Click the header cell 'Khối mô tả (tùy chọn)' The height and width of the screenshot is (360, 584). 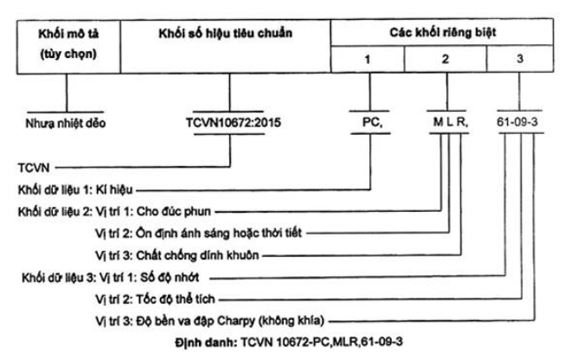(x=68, y=47)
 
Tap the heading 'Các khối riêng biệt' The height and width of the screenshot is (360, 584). (x=442, y=32)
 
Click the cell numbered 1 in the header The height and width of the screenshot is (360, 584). (x=368, y=59)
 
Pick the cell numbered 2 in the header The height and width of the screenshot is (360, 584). (x=446, y=59)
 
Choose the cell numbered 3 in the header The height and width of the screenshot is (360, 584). (x=520, y=59)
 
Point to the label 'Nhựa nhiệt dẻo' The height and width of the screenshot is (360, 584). (x=66, y=123)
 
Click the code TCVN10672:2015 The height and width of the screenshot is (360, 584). (x=234, y=122)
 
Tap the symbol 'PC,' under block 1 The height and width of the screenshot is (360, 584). (x=372, y=122)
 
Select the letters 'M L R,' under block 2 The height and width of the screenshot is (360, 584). (x=451, y=122)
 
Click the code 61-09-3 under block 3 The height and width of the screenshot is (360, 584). (x=517, y=122)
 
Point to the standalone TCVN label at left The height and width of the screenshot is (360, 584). (x=34, y=168)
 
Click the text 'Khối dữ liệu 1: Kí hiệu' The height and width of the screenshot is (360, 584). (x=75, y=190)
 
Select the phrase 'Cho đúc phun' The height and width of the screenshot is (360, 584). (x=174, y=211)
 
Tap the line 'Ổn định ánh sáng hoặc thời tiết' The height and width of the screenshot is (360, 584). (x=219, y=233)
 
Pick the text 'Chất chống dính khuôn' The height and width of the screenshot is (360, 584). (x=197, y=255)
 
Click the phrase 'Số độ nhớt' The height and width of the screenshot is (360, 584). (x=170, y=277)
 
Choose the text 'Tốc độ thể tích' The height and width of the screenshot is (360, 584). (x=176, y=299)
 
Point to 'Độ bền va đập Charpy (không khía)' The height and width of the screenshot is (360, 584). (x=230, y=321)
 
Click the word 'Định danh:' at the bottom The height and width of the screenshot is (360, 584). (x=206, y=343)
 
